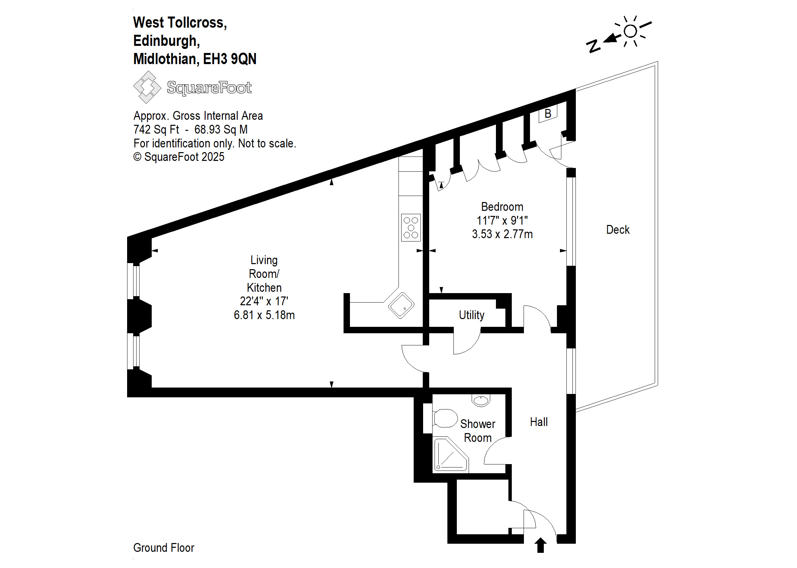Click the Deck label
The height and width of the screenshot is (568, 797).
(x=617, y=230)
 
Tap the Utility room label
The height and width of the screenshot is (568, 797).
(x=471, y=315)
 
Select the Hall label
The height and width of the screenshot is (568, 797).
(x=538, y=422)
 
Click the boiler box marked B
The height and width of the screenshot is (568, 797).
(x=548, y=114)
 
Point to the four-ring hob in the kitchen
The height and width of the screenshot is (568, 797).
(x=411, y=228)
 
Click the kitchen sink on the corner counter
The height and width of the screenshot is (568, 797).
(x=401, y=305)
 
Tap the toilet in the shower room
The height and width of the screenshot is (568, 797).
(x=445, y=418)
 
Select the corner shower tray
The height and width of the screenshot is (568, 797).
(x=449, y=455)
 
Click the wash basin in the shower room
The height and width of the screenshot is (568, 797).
(x=481, y=400)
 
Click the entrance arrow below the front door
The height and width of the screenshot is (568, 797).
(x=540, y=545)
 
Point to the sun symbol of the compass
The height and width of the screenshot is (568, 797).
(x=630, y=31)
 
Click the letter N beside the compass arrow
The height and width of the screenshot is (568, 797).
(x=593, y=46)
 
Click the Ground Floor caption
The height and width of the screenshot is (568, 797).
(x=164, y=548)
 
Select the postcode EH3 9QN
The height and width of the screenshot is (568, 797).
(x=230, y=59)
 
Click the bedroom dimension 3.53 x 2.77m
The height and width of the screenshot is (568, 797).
(x=502, y=234)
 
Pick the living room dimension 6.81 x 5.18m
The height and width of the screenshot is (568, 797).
(x=264, y=315)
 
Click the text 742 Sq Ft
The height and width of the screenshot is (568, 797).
(x=156, y=130)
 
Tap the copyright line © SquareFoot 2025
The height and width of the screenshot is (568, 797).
(x=179, y=157)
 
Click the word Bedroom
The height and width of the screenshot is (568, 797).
(x=502, y=207)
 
